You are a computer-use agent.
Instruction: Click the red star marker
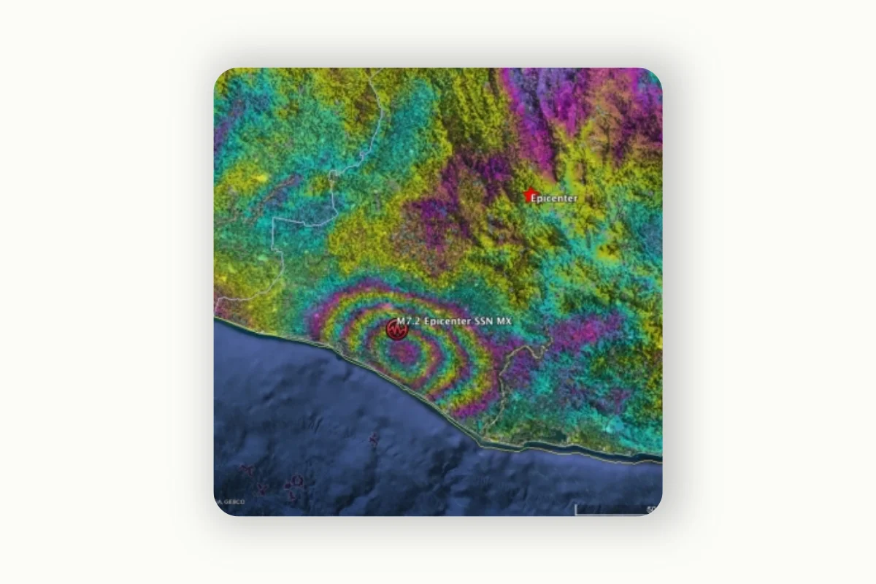coord(529,196)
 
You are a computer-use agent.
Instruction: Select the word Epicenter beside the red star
coord(554,199)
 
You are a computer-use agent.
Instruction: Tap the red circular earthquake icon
coord(396,330)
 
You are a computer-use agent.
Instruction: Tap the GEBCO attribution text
coord(233,502)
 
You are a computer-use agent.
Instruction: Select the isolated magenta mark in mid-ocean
coord(374,439)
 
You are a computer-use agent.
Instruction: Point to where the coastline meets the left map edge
coord(215,318)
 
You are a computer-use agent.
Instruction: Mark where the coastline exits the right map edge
coord(661,458)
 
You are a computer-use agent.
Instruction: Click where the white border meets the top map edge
coord(374,69)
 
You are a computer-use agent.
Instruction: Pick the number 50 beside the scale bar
coord(651,509)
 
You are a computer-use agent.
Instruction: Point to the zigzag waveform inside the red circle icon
coord(396,331)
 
